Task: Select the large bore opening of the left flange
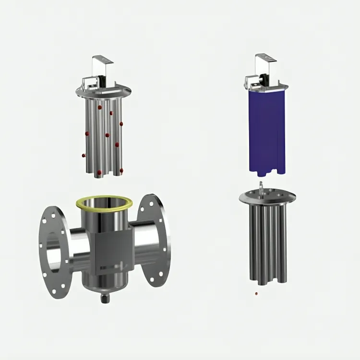tap(54, 245)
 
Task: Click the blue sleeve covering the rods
tap(267, 130)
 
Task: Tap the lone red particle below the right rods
tap(257, 292)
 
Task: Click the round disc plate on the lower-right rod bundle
tap(267, 196)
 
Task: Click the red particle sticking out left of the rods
tap(84, 155)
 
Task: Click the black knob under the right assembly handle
tap(264, 77)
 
